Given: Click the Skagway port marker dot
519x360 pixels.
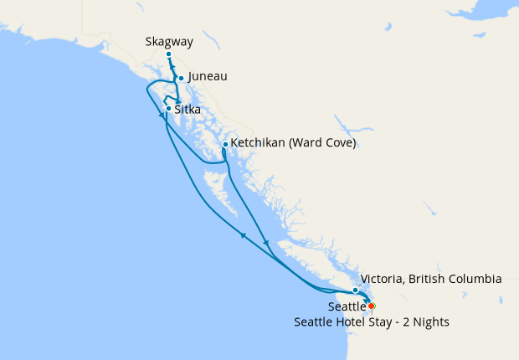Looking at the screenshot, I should [168, 54].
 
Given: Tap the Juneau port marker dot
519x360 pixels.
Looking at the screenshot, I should [181, 79].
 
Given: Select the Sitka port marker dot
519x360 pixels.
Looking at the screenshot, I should [168, 109].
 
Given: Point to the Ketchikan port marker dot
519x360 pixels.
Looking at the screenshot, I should [225, 144].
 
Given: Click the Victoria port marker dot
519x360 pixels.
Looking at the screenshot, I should [356, 291].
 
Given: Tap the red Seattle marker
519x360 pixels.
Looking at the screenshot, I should [371, 306].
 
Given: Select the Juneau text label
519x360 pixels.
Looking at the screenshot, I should [208, 77].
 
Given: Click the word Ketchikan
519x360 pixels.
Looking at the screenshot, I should [260, 143].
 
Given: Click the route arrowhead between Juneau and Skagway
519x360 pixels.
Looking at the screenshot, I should [174, 67].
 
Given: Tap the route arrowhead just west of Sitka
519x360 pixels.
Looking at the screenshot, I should [161, 116].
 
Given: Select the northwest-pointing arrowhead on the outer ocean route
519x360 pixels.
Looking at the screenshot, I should [243, 236].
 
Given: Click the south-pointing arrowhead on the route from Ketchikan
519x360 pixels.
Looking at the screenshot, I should [266, 244].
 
